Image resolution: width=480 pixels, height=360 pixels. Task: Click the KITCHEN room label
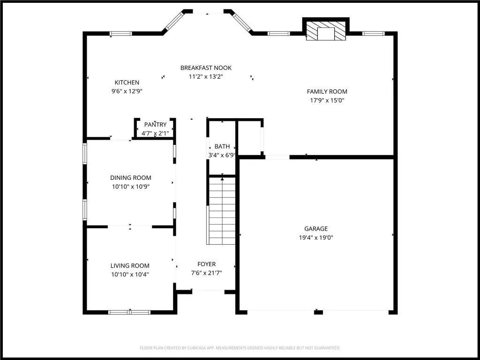[127, 82]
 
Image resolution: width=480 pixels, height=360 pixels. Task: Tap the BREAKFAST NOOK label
[206, 68]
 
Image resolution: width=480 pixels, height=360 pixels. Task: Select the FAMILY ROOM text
[327, 92]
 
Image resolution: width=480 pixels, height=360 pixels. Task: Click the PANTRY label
[155, 125]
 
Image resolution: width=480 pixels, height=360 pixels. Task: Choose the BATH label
[222, 147]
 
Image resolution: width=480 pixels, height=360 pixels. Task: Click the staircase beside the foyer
[222, 211]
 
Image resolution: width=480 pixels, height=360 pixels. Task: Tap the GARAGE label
[316, 229]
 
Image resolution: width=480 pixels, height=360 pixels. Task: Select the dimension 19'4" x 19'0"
[316, 238]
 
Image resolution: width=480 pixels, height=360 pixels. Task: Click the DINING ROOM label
[131, 178]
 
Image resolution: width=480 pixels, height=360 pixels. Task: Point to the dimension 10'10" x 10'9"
[131, 187]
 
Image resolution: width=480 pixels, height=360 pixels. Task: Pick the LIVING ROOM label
[130, 266]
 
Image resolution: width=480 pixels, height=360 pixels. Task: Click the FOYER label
[206, 264]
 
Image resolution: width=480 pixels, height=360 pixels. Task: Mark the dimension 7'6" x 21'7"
[206, 273]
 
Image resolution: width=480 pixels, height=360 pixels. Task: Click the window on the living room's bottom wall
[129, 312]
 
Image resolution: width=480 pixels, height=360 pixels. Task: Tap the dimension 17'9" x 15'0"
[327, 100]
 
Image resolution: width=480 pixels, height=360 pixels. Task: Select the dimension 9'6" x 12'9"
[127, 91]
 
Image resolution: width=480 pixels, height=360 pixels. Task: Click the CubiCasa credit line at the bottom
[240, 348]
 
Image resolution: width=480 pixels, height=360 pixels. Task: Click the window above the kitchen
[120, 33]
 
